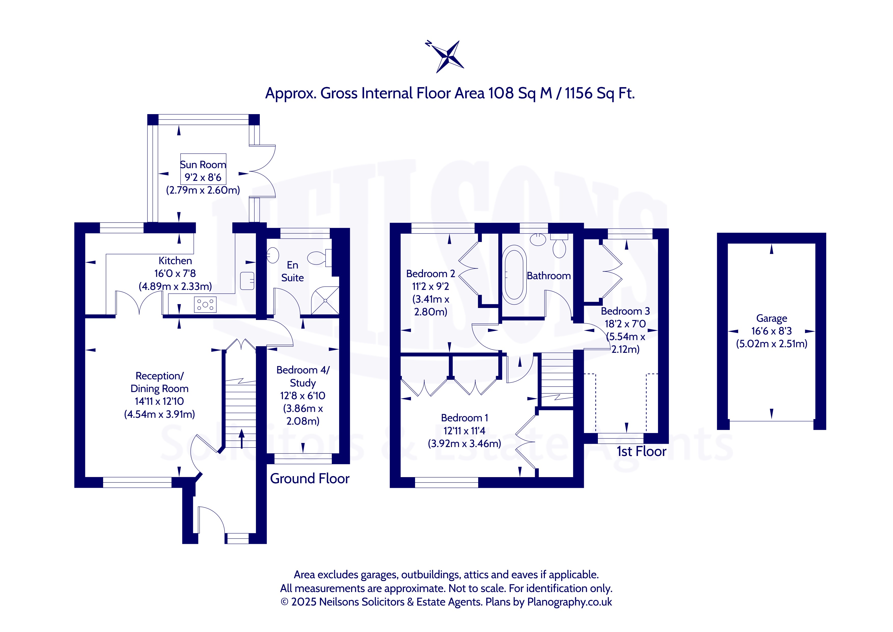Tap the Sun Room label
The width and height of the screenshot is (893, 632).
[x=203, y=165]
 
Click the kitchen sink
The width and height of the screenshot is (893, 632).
[x=247, y=280]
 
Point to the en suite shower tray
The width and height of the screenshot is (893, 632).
[x=325, y=300]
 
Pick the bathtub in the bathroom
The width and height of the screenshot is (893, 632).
[x=514, y=275]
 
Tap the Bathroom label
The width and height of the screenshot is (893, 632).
[x=549, y=276]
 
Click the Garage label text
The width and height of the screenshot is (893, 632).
[x=772, y=319]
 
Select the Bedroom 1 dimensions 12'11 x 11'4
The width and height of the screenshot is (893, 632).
[x=464, y=431]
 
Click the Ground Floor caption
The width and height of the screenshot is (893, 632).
[x=310, y=478]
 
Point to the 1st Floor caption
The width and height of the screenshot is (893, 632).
[x=641, y=451]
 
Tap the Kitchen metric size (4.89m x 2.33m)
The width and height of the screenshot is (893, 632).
[x=175, y=286]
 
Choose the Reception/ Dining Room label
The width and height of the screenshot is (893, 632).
[x=159, y=382]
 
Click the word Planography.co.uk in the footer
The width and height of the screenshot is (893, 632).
[x=569, y=602]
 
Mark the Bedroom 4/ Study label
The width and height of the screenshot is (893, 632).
[x=303, y=376]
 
